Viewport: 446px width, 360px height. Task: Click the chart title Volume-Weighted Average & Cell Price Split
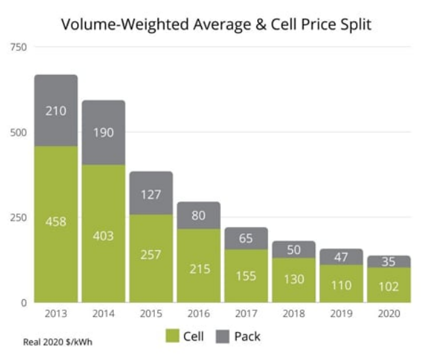tap(215, 25)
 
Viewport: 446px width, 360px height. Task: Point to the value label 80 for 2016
tap(198, 216)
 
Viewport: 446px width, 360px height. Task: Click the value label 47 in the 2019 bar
tap(341, 257)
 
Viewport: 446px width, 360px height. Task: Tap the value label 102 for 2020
tap(388, 286)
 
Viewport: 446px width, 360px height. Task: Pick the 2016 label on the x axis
tap(198, 314)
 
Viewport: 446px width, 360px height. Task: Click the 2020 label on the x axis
tap(388, 314)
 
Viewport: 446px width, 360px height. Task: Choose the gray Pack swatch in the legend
tap(222, 336)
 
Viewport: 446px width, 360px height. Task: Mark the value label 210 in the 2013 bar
tap(56, 110)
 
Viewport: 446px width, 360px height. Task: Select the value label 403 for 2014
tap(104, 236)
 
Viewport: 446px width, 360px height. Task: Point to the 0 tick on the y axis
tap(23, 302)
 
